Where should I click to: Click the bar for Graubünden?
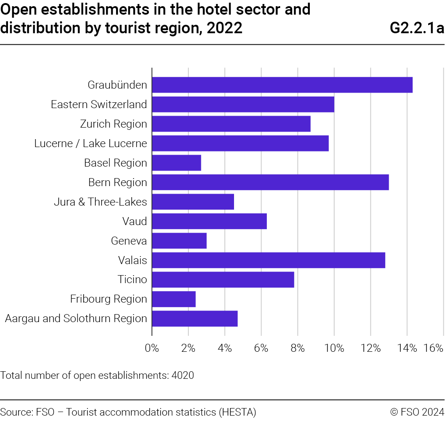(x=282, y=85)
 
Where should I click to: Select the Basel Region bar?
(x=176, y=163)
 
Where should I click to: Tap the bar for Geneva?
(x=179, y=241)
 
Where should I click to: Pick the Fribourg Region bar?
(x=174, y=300)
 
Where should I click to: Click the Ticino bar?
(x=223, y=280)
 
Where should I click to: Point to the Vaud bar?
(x=209, y=222)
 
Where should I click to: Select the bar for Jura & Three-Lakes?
(x=193, y=202)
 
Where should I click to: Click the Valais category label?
(x=133, y=261)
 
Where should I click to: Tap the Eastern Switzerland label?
(x=99, y=105)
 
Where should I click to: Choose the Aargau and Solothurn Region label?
(x=76, y=319)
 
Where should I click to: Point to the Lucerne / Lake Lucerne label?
(x=90, y=144)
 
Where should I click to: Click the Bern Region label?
(x=117, y=183)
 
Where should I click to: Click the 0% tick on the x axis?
(x=152, y=348)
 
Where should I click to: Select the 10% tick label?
(x=334, y=348)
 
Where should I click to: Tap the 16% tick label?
(x=433, y=348)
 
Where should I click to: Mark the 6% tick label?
(x=261, y=348)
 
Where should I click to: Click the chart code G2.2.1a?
(x=417, y=28)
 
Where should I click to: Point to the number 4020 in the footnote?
(x=183, y=376)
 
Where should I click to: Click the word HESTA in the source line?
(x=238, y=412)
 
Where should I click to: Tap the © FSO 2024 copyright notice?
(x=417, y=412)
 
